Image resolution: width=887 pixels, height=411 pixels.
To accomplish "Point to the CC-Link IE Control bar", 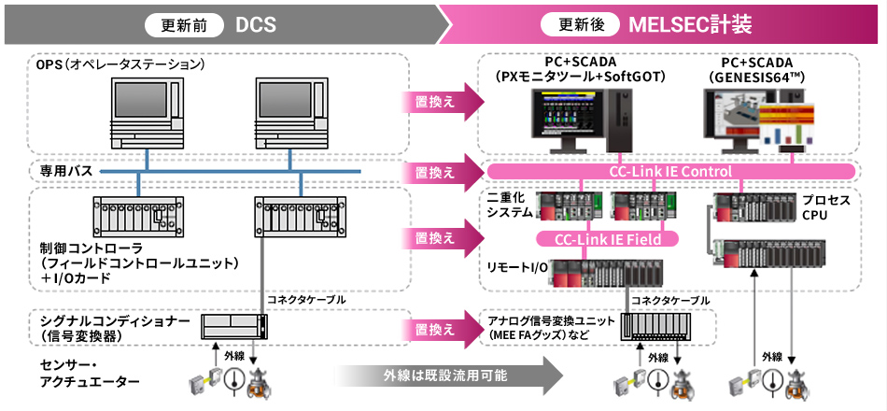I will pyautogui.click(x=670, y=172).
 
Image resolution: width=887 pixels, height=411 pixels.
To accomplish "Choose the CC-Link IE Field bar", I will pyautogui.click(x=607, y=240).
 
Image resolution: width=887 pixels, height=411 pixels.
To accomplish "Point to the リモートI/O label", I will pyautogui.click(x=516, y=268).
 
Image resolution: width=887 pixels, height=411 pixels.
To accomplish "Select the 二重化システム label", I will pyautogui.click(x=510, y=206).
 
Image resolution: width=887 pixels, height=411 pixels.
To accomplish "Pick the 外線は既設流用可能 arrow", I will pyautogui.click(x=448, y=376).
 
